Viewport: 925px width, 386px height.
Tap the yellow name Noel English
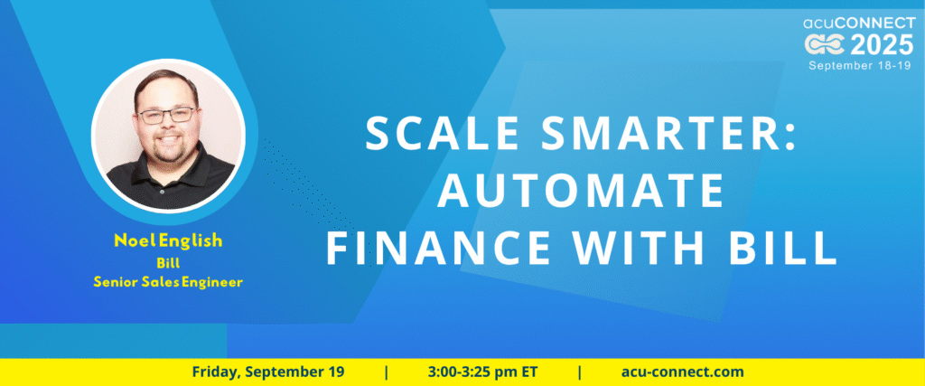[168, 240]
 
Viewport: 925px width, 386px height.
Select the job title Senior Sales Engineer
[168, 283]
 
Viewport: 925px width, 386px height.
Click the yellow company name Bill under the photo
[168, 263]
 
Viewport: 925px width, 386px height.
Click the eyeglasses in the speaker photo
[166, 115]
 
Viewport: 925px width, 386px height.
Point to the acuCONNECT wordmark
[858, 23]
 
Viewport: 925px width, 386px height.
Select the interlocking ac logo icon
[826, 45]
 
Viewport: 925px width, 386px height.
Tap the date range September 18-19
[860, 65]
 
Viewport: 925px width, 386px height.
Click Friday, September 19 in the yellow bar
[267, 372]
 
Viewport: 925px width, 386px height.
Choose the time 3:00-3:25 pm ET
[483, 372]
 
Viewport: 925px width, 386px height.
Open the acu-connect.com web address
[682, 372]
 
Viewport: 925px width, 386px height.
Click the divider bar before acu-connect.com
[580, 372]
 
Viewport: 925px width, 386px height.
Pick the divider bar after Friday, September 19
[387, 372]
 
